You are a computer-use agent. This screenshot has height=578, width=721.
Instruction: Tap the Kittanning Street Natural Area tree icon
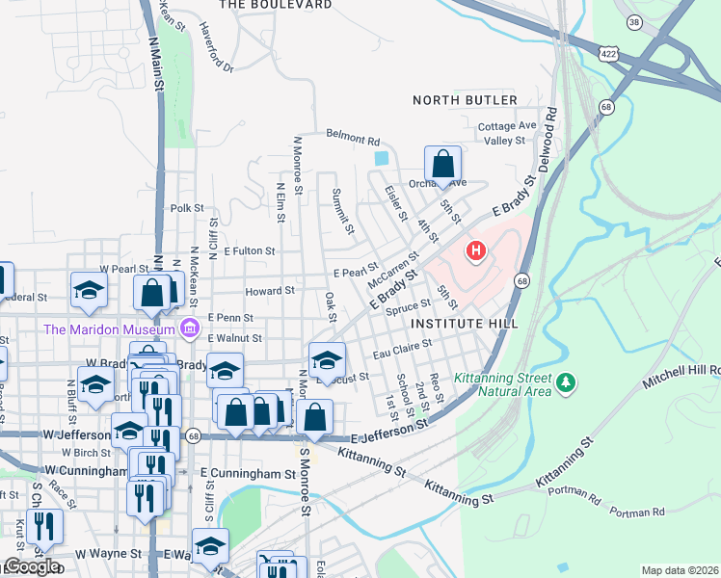pos(567,383)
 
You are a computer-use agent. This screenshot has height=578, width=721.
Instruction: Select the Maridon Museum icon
pos(190,330)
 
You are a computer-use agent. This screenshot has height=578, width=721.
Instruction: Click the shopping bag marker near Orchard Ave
pos(442,163)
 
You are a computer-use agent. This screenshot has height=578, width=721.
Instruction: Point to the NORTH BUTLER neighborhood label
pos(465,100)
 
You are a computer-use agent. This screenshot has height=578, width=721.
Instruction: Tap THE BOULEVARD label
pos(275,5)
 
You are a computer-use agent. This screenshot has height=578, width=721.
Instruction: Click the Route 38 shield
pos(659,20)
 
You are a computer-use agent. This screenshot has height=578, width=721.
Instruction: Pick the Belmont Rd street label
pos(353,138)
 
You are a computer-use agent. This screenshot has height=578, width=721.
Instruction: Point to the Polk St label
pos(187,207)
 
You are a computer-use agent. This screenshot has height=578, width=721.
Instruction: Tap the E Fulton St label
pos(249,250)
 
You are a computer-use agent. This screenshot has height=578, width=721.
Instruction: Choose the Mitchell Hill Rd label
pos(687,369)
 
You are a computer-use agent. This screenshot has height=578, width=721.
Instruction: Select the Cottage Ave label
pos(507,125)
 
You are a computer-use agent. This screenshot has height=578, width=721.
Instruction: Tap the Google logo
pos(32,566)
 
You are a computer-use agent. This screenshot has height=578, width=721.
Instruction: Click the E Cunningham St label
pos(248,474)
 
